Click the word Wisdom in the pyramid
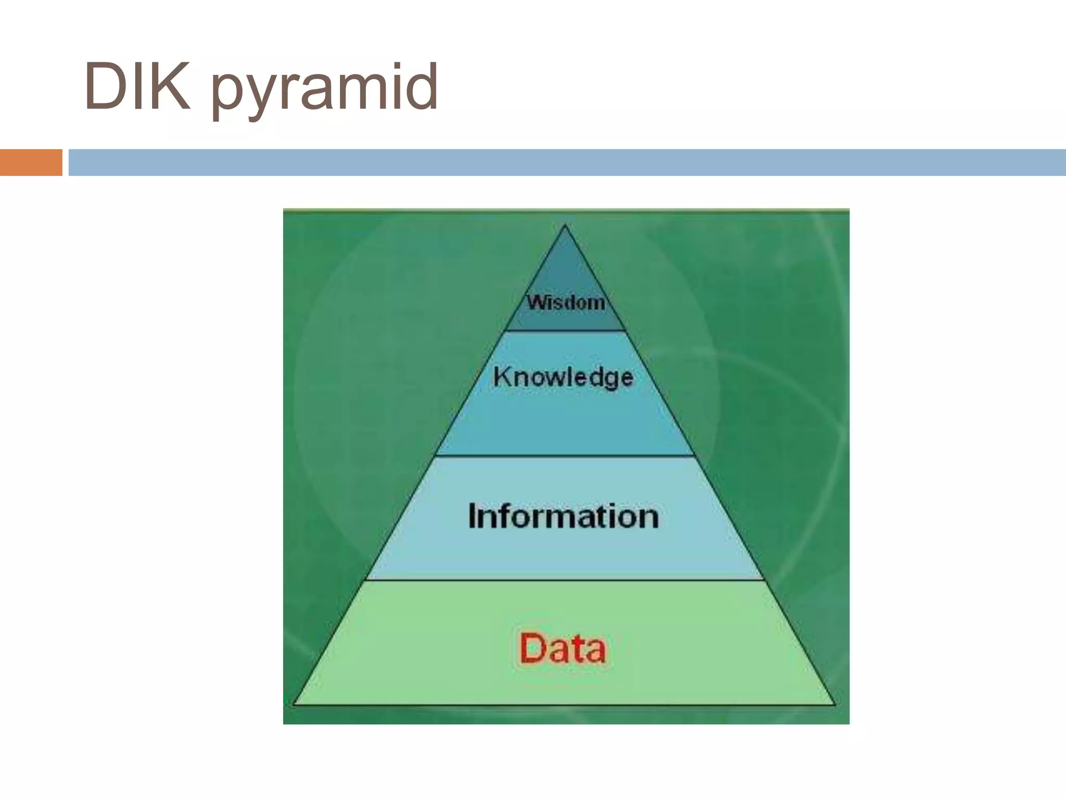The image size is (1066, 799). coord(566,302)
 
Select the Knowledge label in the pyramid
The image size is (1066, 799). coord(563,377)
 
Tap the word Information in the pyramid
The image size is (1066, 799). coord(563,516)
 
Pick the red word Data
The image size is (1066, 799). coord(563,648)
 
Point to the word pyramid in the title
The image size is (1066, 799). coord(325,88)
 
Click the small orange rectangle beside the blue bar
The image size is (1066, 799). coord(31,162)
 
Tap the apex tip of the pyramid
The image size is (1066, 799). coord(565,226)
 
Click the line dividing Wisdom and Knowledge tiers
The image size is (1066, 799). coord(566,330)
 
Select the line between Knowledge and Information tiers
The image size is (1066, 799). coord(565,456)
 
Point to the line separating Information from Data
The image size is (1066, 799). coord(565,579)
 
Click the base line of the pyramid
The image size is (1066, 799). coord(565,704)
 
